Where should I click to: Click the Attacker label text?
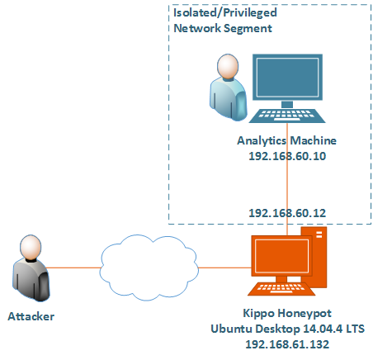[x=31, y=316]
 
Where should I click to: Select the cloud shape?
[x=149, y=268]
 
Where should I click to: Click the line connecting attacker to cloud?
[x=73, y=268]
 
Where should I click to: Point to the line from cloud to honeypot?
[x=224, y=268]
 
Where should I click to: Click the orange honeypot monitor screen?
[x=281, y=255]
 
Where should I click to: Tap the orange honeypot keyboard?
[x=281, y=289]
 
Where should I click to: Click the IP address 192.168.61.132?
[x=287, y=344]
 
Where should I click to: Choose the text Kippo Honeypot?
[x=287, y=314]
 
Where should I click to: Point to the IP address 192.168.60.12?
[x=287, y=213]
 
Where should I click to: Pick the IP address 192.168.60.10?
[x=287, y=156]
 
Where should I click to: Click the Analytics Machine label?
[x=286, y=140]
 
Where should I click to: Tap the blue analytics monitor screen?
[x=287, y=78]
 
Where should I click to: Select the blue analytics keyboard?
[x=287, y=116]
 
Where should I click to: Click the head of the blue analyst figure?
[x=228, y=66]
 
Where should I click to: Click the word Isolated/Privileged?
[x=225, y=13]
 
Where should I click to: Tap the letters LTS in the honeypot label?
[x=356, y=329]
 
